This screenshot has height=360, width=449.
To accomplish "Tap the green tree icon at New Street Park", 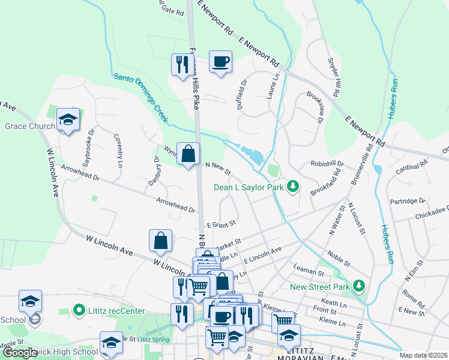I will click(359, 286).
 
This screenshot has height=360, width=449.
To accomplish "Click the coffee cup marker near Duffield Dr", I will click(220, 61).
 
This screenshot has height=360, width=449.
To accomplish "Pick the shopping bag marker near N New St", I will click(188, 154).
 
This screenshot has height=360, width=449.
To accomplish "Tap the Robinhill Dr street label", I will click(327, 163).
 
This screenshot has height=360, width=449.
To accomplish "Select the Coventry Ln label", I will click(118, 149).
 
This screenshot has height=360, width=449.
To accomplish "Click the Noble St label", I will click(339, 260).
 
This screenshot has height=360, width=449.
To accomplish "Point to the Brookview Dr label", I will click(315, 106).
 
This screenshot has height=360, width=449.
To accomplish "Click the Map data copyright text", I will click(424, 355).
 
